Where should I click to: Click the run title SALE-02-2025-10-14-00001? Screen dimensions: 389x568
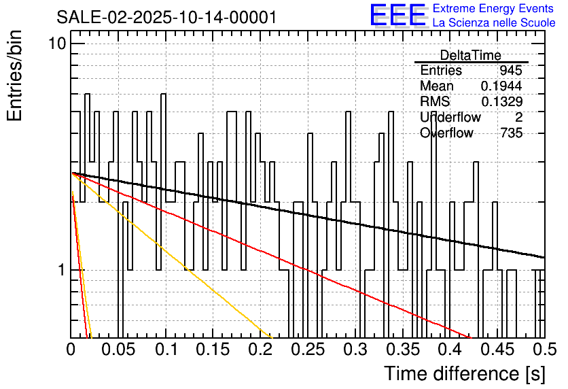(x=166, y=17)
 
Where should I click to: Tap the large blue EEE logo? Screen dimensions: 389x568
(x=397, y=16)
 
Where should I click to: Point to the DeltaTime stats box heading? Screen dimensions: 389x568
(x=471, y=55)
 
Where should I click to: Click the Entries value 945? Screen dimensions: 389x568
(x=511, y=71)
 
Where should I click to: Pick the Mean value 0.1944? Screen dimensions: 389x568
(x=501, y=86)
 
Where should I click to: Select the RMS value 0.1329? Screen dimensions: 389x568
(x=501, y=101)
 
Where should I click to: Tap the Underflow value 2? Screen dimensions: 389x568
(x=519, y=117)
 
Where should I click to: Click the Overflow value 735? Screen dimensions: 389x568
(x=511, y=133)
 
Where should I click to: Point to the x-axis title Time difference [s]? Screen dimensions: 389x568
(x=464, y=373)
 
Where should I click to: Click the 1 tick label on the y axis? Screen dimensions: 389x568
(x=60, y=270)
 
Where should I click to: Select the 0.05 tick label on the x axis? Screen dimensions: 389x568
(x=119, y=350)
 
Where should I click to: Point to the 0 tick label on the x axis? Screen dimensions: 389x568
(x=71, y=350)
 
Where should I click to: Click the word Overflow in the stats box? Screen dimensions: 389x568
(x=446, y=133)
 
